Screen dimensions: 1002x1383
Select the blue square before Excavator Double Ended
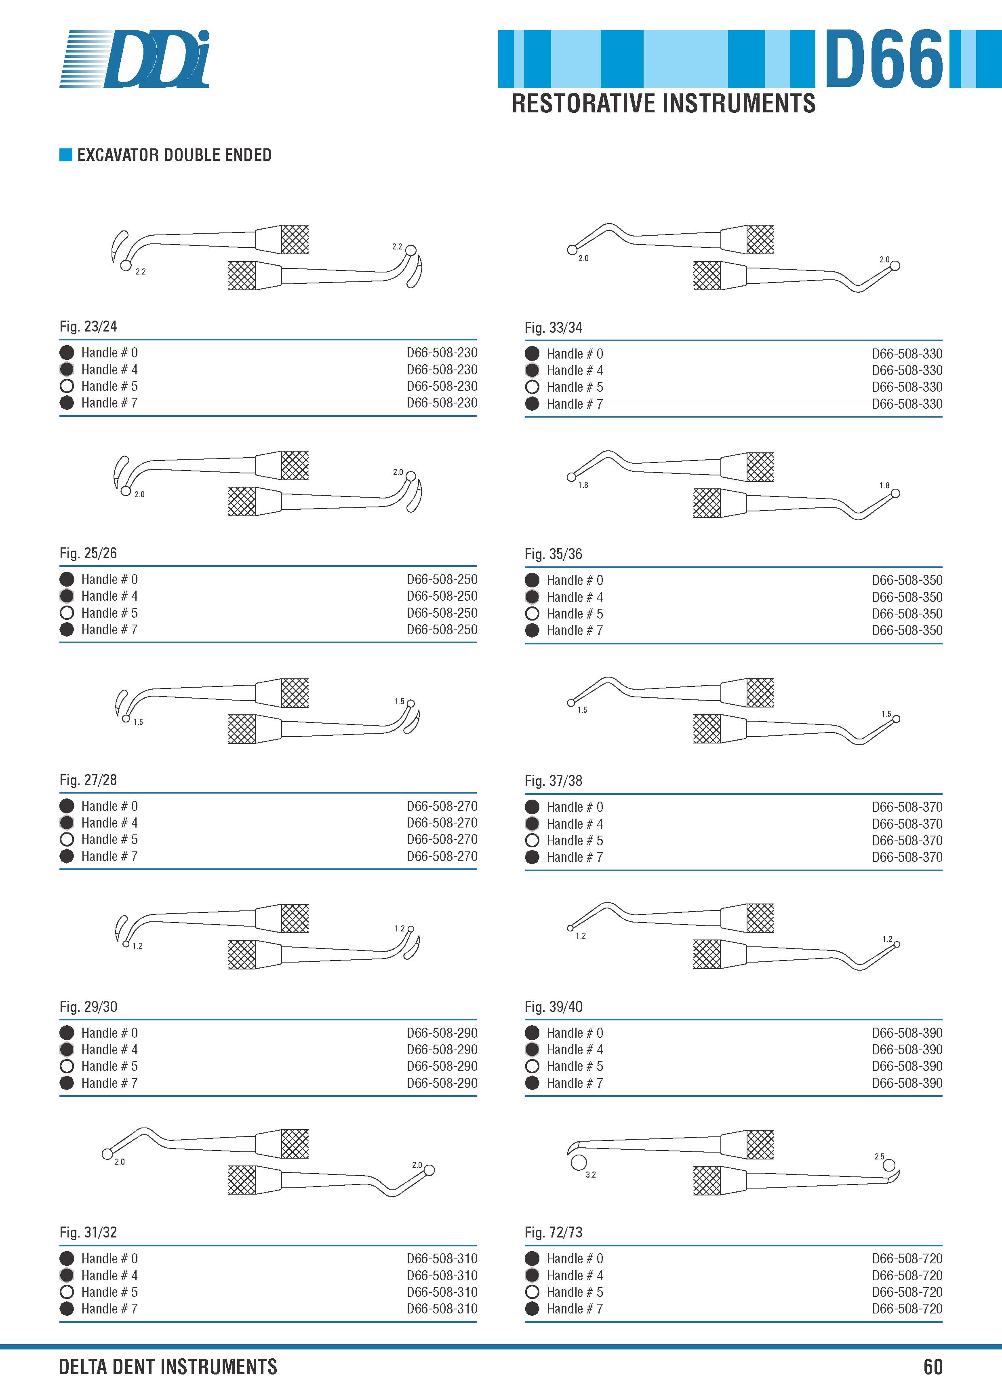(x=66, y=155)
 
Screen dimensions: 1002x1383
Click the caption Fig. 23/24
(x=88, y=326)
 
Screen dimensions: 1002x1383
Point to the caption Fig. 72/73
(x=554, y=1232)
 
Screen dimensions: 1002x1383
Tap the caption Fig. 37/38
(x=554, y=781)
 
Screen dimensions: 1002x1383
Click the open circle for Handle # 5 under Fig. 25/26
(x=67, y=613)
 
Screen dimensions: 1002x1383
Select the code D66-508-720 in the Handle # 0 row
(x=907, y=1258)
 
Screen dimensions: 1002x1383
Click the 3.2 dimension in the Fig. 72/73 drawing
(x=591, y=1174)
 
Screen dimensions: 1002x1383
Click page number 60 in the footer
(x=933, y=1366)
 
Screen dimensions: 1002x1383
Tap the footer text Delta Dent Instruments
(x=168, y=1366)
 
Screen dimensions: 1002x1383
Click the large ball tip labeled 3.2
(x=579, y=1162)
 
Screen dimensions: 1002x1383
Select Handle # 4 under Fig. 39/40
(x=575, y=1049)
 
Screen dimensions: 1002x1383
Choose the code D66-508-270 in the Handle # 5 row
(x=442, y=839)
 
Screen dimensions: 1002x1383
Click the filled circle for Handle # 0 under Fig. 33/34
(x=532, y=354)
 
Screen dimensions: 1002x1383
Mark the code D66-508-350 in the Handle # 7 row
(x=907, y=631)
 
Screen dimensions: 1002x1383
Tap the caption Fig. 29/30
(x=88, y=1007)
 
